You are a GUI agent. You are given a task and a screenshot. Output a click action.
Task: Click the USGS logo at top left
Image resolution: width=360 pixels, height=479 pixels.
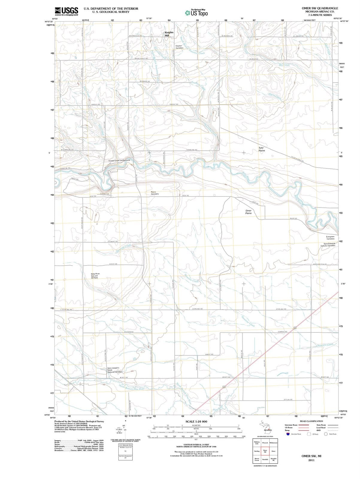(x=66, y=11)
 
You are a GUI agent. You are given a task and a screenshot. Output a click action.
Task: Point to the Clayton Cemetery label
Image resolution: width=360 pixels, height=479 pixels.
(x=179, y=47)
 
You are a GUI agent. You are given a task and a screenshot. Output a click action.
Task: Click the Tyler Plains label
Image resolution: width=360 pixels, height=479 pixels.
(x=261, y=149)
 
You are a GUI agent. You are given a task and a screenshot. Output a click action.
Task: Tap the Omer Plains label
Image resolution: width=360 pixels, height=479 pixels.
(x=248, y=212)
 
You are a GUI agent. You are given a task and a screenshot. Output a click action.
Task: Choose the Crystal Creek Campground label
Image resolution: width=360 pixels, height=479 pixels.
(x=119, y=161)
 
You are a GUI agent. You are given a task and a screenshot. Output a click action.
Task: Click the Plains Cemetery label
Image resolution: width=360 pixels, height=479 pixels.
(x=155, y=193)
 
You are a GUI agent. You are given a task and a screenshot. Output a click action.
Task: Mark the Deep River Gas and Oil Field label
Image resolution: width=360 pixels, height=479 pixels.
(x=96, y=276)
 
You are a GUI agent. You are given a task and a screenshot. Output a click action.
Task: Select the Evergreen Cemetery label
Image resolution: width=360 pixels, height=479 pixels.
(x=330, y=238)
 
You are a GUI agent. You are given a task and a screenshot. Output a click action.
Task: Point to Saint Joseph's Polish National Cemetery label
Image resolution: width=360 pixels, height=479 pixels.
(x=115, y=370)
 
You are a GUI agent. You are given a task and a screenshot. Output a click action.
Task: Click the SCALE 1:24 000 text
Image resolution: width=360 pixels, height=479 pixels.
(x=196, y=421)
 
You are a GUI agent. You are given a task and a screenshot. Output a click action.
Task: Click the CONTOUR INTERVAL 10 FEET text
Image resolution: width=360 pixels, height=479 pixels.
(x=196, y=445)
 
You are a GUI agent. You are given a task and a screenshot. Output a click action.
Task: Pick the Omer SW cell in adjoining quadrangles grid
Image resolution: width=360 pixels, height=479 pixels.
(x=265, y=451)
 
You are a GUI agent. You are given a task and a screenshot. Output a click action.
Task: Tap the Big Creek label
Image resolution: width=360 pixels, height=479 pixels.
(x=284, y=65)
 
